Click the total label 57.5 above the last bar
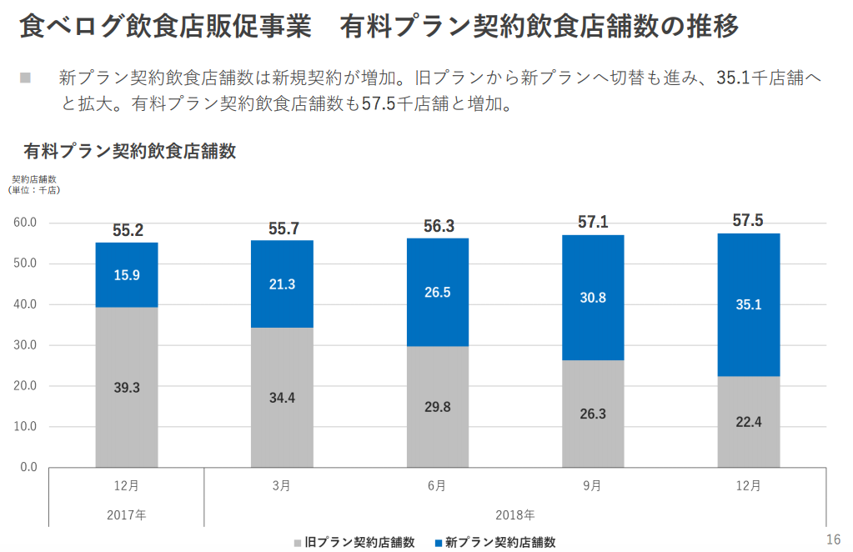748,221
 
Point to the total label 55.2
128,230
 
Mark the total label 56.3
438,226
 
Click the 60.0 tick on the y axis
26,223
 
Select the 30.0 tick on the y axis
26,345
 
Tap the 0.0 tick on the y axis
28,467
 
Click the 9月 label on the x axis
592,485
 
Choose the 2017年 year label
127,514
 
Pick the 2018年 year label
515,514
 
